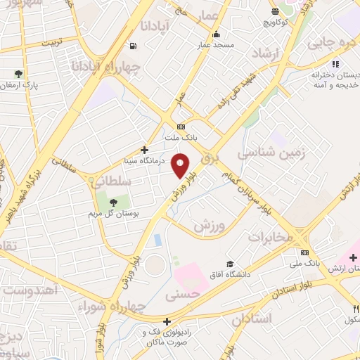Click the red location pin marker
(x=181, y=165)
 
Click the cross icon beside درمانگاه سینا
(x=145, y=150)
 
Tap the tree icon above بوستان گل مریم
(x=112, y=202)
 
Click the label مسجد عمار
(x=215, y=44)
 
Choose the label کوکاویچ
(x=276, y=22)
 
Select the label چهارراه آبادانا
(x=108, y=66)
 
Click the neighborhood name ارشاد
(x=266, y=53)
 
